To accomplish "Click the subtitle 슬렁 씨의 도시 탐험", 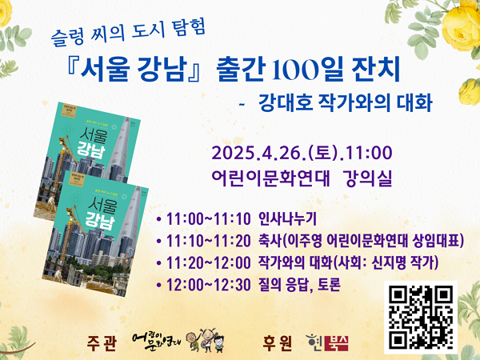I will (x=129, y=34).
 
